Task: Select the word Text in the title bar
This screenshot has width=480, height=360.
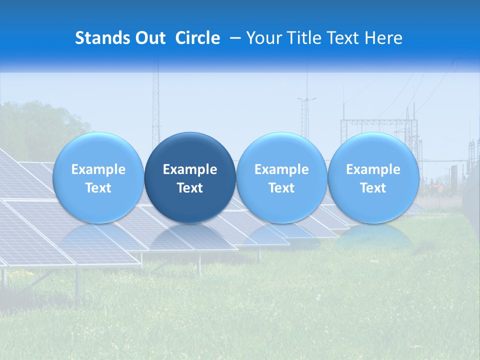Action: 345,38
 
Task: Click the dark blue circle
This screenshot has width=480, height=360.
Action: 189,150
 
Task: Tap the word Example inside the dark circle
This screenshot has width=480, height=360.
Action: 190,169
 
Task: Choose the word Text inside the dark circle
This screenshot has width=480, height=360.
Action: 190,188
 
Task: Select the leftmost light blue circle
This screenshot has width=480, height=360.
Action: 98,150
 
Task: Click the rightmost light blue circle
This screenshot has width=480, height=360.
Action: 373,150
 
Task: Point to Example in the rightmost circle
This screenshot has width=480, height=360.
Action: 373,169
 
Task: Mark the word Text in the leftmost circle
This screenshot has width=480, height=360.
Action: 98,188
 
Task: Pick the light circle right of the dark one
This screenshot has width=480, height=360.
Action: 281,150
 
